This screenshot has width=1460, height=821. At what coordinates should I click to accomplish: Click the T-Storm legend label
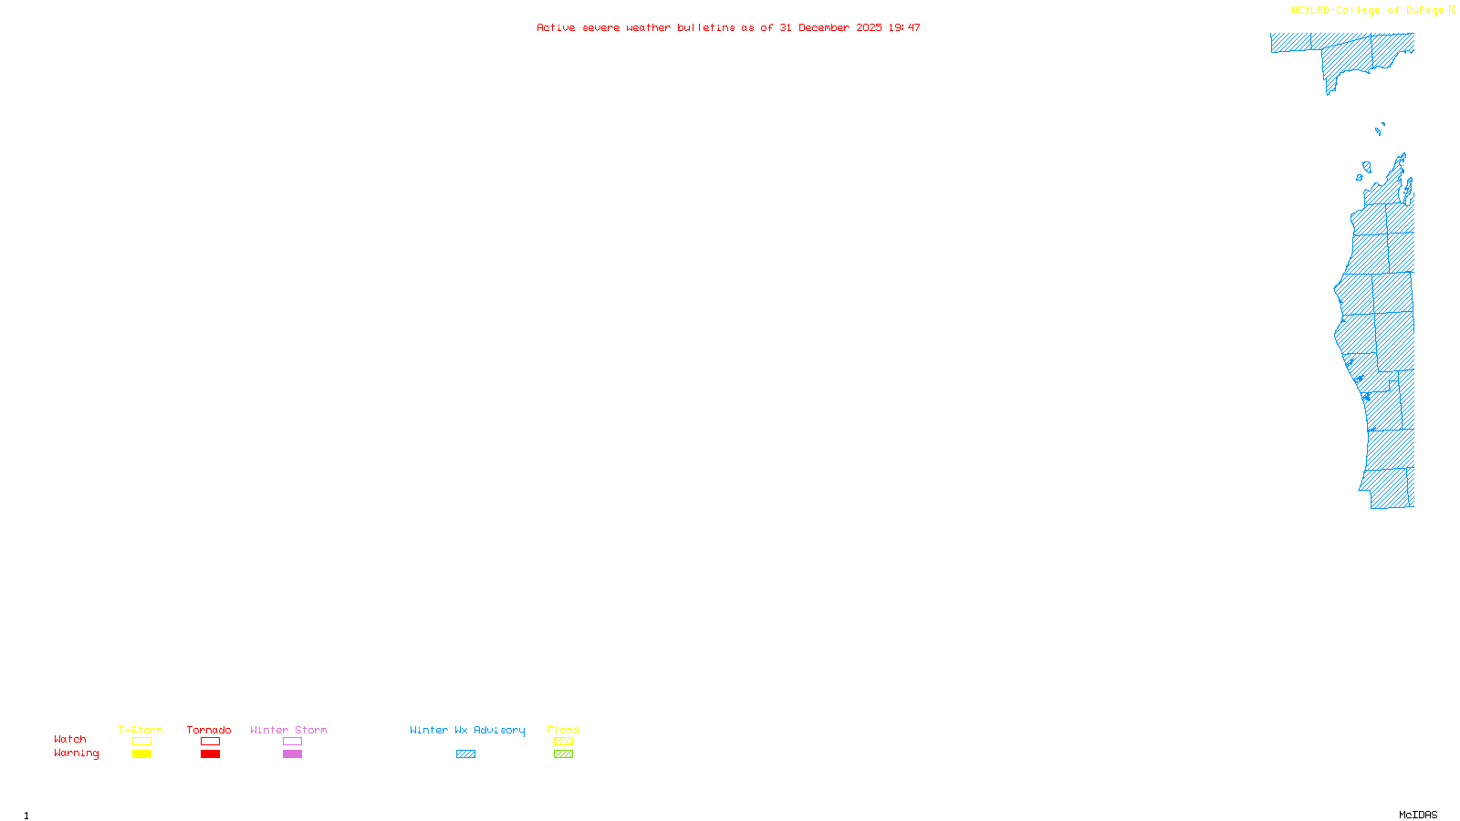[141, 730]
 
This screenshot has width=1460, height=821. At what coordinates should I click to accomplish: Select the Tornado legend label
[209, 730]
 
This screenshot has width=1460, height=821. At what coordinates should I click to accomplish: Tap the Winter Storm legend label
[288, 730]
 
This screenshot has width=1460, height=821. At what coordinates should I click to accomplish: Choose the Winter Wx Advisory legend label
[467, 730]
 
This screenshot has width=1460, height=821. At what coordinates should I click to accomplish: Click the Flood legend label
[563, 730]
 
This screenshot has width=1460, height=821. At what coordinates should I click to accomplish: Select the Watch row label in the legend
[70, 739]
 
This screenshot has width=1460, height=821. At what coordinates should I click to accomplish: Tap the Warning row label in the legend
[77, 753]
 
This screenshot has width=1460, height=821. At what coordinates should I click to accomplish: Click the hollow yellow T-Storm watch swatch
[141, 742]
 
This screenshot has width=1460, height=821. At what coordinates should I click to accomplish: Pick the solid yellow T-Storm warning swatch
[141, 754]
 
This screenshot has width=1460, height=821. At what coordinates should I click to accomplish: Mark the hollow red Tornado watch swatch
[210, 742]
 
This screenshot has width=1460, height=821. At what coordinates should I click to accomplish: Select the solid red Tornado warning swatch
[210, 754]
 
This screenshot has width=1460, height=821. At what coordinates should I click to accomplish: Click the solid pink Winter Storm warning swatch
[292, 754]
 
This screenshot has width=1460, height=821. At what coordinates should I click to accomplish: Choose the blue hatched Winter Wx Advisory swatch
[465, 754]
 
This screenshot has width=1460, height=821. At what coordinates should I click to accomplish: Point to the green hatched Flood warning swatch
[563, 754]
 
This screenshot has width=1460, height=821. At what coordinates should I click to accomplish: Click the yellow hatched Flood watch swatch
[563, 742]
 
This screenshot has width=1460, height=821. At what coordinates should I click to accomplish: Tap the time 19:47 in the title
[904, 27]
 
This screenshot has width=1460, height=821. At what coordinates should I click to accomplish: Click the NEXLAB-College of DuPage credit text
[1367, 10]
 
